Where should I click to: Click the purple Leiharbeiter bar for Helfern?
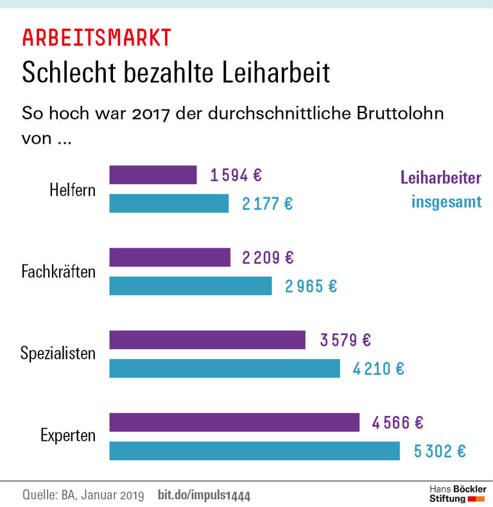153,175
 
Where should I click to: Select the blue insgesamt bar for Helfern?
169,203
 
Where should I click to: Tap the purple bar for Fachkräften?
169,257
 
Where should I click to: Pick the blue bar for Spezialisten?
224,368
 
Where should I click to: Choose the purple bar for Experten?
234,422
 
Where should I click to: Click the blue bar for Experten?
254,451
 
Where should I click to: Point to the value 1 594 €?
236,175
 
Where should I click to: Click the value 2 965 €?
311,286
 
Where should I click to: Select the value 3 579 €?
346,340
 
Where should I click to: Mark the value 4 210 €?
378,369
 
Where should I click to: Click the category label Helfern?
73,190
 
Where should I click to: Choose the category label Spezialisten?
58,354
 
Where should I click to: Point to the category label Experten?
68,436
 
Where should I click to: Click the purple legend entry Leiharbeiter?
440,178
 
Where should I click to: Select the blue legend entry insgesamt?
446,203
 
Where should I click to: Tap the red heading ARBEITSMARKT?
96,38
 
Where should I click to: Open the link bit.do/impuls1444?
203,495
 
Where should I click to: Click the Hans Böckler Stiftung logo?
457,494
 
